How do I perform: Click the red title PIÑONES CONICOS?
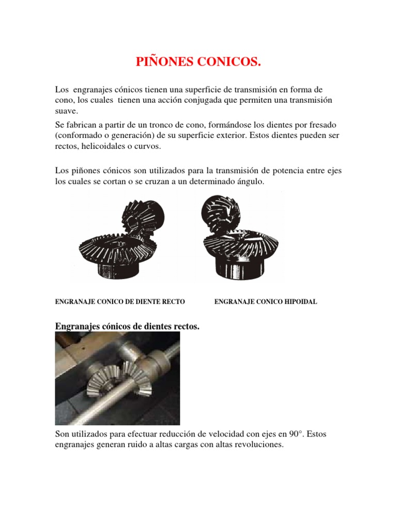tap(198, 63)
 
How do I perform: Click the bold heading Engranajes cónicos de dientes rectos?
tap(127, 326)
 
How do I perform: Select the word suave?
tap(66, 111)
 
